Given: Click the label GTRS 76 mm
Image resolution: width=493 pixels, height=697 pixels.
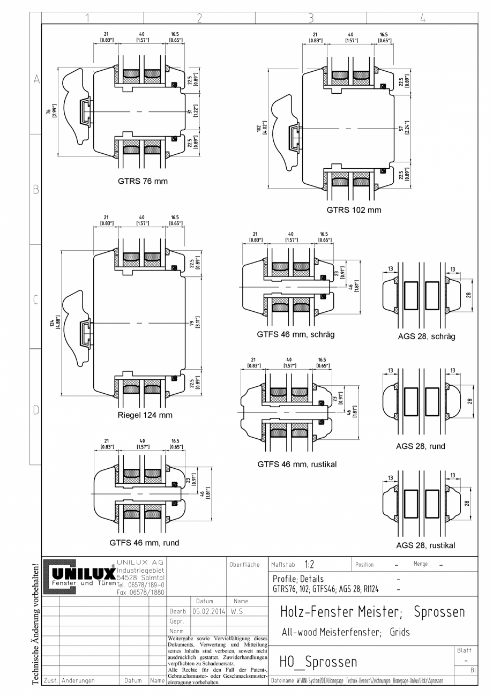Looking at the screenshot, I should (143, 181).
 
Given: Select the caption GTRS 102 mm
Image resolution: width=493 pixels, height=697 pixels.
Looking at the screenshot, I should (354, 210).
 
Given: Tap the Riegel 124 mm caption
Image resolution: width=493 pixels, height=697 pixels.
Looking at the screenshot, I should (145, 415).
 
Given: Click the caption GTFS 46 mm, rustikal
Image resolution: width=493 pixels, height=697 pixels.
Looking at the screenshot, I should (296, 464).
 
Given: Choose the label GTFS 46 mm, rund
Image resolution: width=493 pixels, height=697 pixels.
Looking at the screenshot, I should (145, 542).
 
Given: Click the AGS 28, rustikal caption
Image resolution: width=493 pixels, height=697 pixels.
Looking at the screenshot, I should (425, 545).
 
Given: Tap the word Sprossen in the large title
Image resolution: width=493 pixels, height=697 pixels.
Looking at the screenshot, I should (439, 612).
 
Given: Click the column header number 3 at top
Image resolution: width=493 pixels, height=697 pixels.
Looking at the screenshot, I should (311, 18).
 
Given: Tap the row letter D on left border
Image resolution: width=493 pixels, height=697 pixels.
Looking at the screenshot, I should (36, 410).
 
